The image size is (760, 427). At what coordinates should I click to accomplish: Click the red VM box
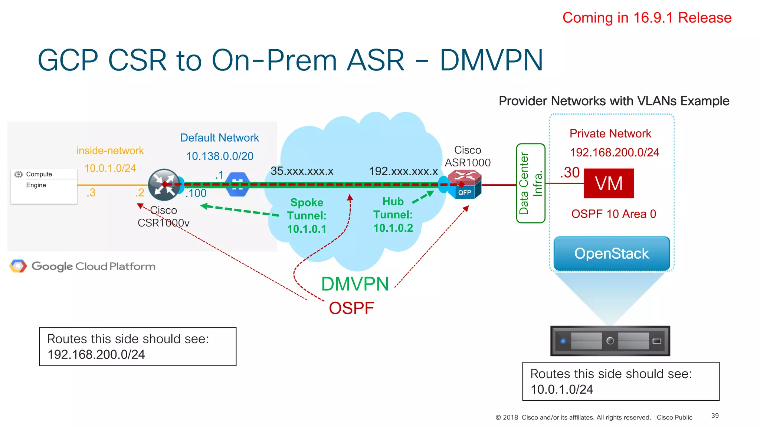[x=609, y=183]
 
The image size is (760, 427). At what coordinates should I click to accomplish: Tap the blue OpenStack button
[x=612, y=254]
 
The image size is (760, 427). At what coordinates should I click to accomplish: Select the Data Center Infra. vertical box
[x=531, y=183]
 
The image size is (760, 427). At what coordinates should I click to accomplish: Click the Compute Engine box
[x=44, y=186]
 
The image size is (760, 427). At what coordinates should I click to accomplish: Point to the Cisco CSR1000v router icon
[x=164, y=185]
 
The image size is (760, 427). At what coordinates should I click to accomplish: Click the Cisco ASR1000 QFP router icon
[x=465, y=184]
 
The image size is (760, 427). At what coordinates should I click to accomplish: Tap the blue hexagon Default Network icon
[x=237, y=184]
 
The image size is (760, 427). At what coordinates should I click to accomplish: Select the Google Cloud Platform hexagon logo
[x=18, y=266]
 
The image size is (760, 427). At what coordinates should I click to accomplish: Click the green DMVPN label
[x=355, y=284]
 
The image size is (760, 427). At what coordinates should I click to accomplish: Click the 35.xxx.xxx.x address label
[x=302, y=171]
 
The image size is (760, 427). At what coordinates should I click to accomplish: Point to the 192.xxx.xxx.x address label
[x=403, y=171]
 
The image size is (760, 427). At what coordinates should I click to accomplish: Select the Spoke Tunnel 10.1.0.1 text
[x=307, y=216]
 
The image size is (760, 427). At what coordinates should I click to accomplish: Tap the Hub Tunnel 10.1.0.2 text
[x=393, y=215]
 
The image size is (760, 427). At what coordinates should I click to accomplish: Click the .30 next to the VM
[x=570, y=173]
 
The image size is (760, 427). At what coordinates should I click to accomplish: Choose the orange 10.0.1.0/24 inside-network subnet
[x=110, y=168]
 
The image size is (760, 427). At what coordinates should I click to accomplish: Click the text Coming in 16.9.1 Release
[x=646, y=18]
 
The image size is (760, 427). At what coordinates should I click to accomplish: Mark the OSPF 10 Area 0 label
[x=613, y=214]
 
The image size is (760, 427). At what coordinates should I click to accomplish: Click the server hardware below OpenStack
[x=610, y=341]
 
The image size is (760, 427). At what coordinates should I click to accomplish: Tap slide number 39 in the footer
[x=715, y=416]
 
